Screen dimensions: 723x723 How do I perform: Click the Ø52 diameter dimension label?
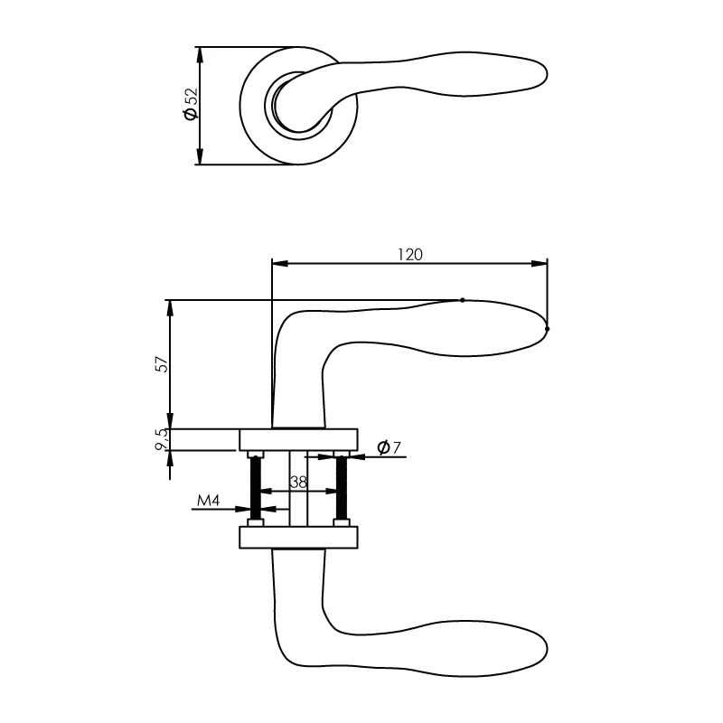click(190, 105)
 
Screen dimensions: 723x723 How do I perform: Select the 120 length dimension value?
click(409, 254)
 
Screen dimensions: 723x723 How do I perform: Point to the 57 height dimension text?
click(162, 363)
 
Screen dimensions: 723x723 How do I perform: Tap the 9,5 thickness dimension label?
click(162, 440)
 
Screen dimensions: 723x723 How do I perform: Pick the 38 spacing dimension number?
click(299, 483)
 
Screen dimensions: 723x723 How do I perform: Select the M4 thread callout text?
click(209, 500)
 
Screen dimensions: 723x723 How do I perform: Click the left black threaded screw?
click(257, 488)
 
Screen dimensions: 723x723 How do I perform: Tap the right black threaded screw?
click(342, 488)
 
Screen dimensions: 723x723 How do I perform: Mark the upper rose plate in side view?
click(299, 439)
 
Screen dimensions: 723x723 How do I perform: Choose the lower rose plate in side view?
click(299, 538)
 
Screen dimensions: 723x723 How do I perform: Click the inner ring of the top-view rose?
click(276, 105)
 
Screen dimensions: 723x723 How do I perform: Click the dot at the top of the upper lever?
click(463, 299)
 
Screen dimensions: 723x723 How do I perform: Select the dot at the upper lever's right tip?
click(547, 328)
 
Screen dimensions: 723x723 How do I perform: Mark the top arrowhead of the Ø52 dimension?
click(199, 53)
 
